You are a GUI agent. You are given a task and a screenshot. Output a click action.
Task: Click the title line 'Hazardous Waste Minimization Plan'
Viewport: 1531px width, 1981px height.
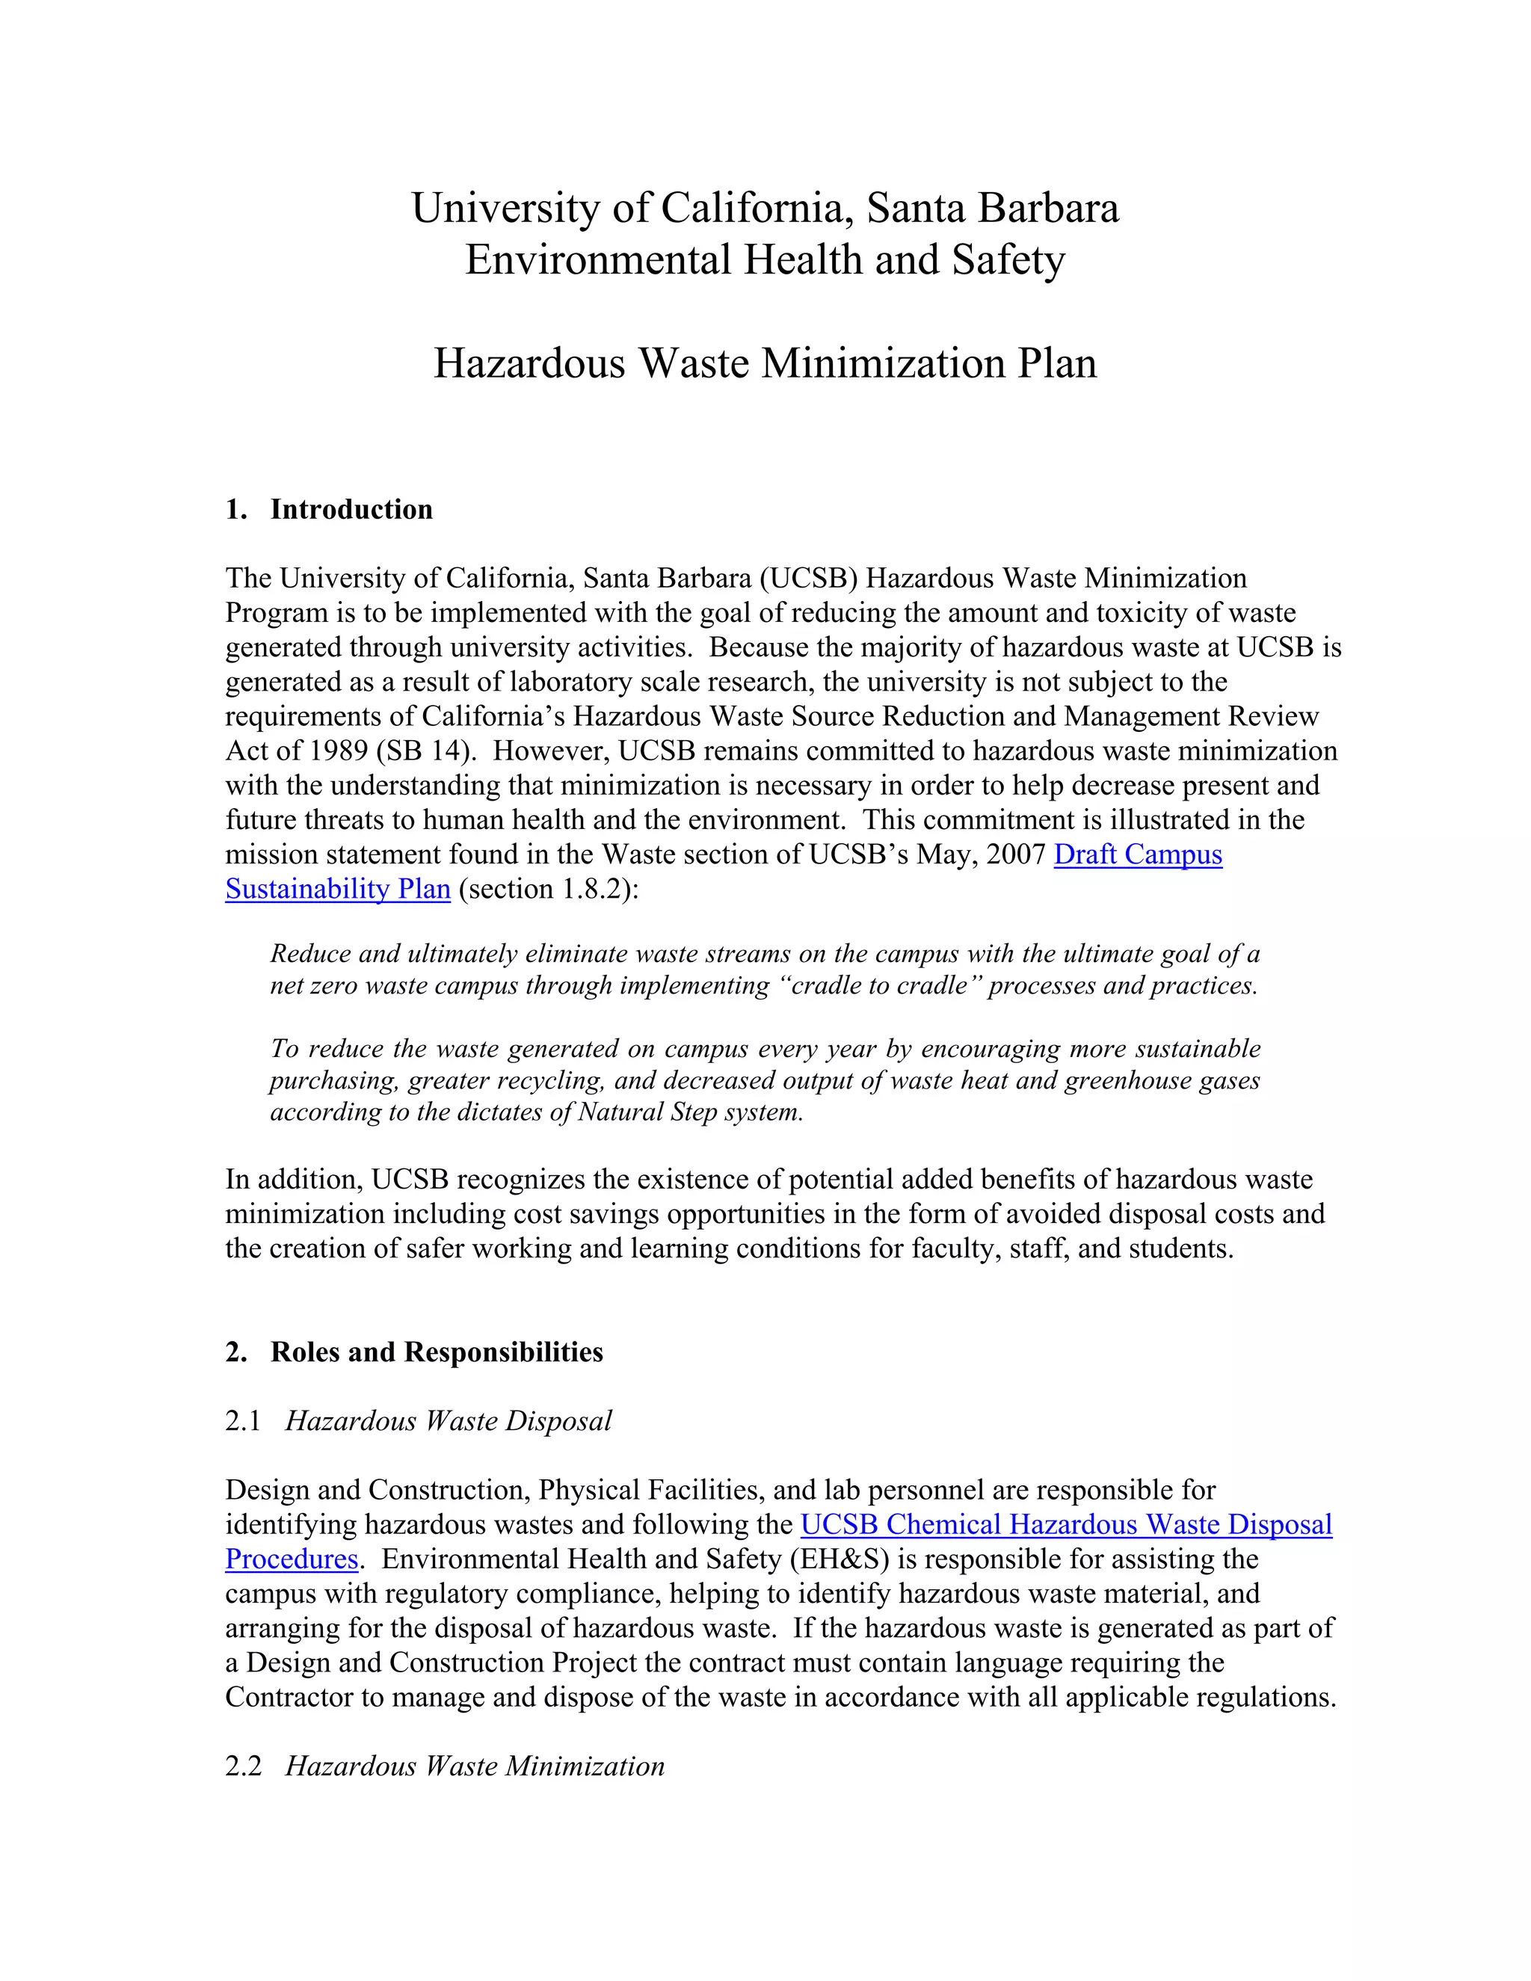(765, 364)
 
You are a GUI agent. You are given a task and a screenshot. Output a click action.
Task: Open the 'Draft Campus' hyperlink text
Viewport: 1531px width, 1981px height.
(1137, 854)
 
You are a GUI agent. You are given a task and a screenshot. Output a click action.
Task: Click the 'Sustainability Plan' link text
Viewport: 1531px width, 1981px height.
(337, 889)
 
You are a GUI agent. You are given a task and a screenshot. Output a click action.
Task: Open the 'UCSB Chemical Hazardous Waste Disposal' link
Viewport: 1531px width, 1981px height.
(1066, 1525)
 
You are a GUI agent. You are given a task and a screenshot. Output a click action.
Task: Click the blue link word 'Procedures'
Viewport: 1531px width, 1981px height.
(291, 1559)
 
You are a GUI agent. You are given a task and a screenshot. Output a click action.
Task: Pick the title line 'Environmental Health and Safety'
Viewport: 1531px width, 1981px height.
(765, 260)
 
